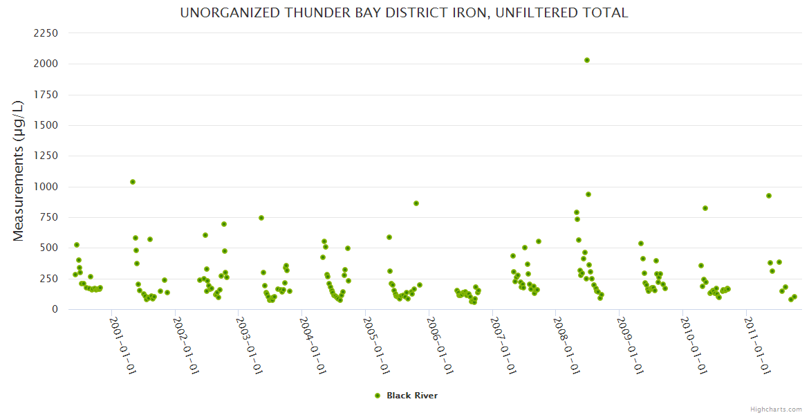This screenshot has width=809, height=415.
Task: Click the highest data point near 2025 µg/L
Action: coord(587,60)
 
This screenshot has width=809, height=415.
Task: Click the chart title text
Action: coord(404,13)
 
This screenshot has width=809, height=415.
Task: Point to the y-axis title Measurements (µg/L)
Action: coord(19,171)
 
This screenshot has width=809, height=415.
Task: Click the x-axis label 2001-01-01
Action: coord(122,346)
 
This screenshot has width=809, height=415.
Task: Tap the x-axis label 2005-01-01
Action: coord(377,346)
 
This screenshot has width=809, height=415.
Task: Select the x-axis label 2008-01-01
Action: coord(568,346)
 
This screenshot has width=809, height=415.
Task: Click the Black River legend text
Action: coord(412,396)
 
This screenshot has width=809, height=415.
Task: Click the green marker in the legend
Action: coord(378,396)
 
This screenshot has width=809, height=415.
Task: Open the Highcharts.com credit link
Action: coord(776,409)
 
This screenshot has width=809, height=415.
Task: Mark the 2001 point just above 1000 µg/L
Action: coord(133,182)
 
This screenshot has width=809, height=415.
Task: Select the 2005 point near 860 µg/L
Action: coord(416,203)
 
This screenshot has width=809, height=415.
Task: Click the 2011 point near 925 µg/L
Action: coord(769,196)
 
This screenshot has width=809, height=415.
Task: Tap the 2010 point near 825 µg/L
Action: coord(705,208)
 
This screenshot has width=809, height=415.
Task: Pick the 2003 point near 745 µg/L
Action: coord(261,218)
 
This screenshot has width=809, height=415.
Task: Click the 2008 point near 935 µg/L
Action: coord(588,194)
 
